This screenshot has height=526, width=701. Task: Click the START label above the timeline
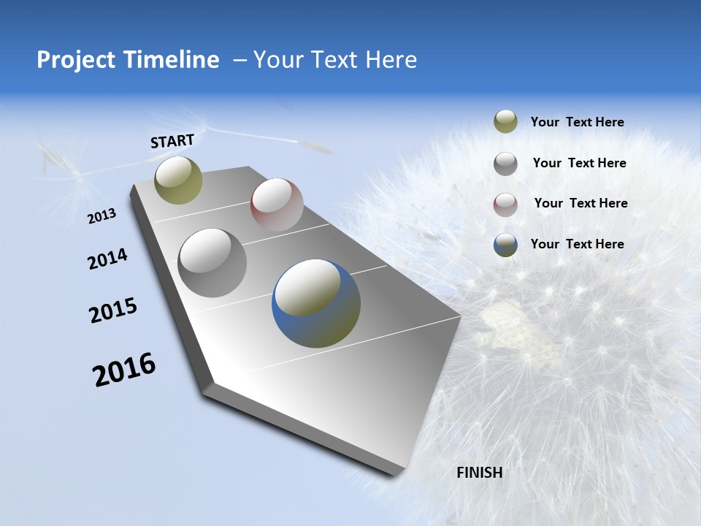(172, 141)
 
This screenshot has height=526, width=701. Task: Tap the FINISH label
(480, 473)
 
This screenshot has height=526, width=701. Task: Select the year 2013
(102, 216)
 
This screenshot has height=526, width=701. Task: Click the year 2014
(107, 259)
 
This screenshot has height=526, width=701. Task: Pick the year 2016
(124, 370)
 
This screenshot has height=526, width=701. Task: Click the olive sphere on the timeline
(178, 180)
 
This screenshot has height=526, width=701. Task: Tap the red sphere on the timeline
(277, 204)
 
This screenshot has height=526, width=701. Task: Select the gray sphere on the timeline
(212, 262)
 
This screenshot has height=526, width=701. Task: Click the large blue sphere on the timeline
(316, 303)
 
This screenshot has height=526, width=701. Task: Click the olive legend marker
(505, 121)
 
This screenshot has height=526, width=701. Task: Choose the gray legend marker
(505, 164)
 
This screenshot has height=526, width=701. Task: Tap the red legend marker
(505, 205)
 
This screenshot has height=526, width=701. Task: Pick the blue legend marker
(505, 245)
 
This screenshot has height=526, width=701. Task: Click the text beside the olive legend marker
(577, 123)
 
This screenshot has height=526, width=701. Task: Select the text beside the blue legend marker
(577, 244)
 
